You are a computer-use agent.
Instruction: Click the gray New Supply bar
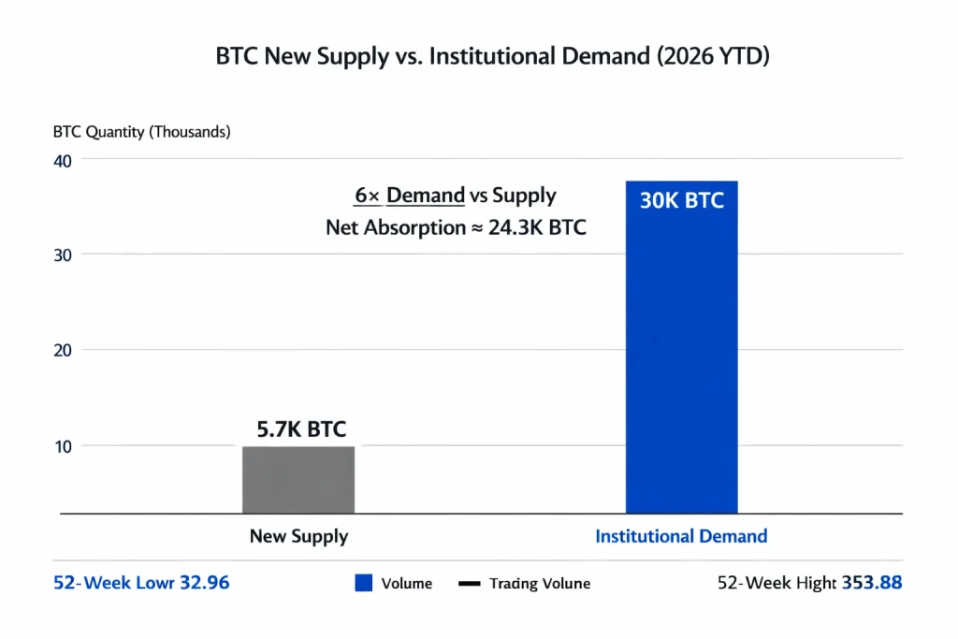coord(298,480)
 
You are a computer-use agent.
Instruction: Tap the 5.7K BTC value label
coord(301,429)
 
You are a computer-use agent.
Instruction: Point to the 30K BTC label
coord(681,200)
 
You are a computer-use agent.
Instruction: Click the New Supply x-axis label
coord(298,537)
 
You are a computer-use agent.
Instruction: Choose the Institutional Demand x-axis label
coord(681,537)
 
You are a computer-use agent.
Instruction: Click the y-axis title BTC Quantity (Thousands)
coord(141,132)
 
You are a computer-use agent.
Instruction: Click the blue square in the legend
coord(364,583)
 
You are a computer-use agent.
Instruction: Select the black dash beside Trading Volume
coord(469,584)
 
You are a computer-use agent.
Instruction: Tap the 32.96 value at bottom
coord(199,583)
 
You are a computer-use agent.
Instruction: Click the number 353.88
coord(872,583)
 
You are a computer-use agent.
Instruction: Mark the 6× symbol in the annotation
coord(366,196)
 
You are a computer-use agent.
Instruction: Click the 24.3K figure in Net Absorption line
coord(517,226)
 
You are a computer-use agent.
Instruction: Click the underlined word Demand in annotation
coord(426,196)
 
